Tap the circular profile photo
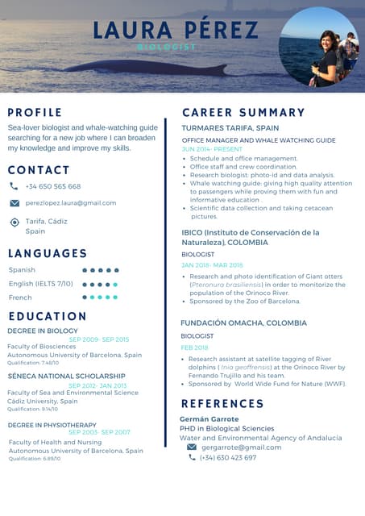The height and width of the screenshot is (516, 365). (318, 47)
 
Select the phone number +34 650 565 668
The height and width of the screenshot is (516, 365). (53, 186)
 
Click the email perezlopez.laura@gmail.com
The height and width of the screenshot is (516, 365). (71, 203)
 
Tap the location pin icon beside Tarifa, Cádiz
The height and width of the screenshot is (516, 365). (15, 222)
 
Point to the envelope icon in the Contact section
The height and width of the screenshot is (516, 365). (15, 203)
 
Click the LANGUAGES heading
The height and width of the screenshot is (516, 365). (48, 253)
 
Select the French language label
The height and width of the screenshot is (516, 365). (20, 298)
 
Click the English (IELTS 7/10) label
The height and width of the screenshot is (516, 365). (40, 284)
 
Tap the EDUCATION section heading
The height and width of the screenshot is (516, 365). (47, 316)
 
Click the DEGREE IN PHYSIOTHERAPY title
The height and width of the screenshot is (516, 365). (52, 425)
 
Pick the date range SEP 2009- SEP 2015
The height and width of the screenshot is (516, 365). (99, 339)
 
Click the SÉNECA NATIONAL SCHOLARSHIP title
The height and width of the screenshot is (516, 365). (66, 376)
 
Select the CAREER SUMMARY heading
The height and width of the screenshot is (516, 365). (243, 112)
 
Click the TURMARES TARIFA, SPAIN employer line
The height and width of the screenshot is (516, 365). (230, 128)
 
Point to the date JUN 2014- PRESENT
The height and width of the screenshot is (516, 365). (212, 149)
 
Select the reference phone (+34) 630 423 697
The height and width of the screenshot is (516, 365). (228, 457)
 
